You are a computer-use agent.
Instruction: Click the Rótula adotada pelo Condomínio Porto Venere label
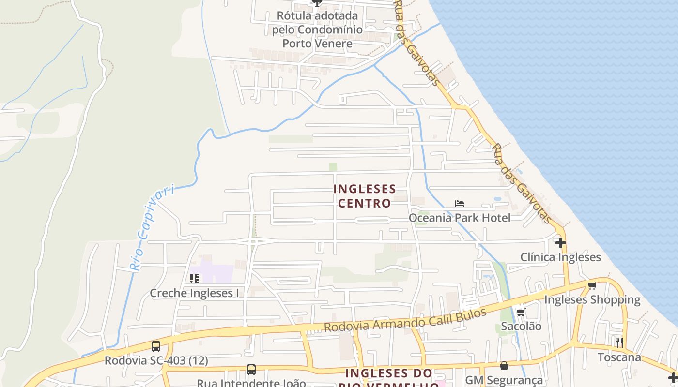click(x=317, y=30)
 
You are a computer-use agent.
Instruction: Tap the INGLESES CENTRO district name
click(x=365, y=196)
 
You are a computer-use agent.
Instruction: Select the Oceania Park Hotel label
click(x=460, y=218)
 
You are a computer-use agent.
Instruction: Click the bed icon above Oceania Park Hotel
click(x=460, y=204)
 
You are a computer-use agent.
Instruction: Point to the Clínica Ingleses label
click(x=560, y=257)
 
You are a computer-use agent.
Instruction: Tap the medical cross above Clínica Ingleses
click(x=561, y=242)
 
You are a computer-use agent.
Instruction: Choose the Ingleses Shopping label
click(x=592, y=300)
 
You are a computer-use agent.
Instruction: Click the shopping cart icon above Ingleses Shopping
click(x=592, y=285)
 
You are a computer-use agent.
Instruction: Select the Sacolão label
click(x=521, y=326)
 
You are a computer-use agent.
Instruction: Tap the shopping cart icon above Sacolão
click(x=521, y=312)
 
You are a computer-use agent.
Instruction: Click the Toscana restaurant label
click(x=619, y=357)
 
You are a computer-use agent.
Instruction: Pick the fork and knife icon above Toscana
click(x=619, y=343)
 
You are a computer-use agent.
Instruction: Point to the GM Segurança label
click(x=504, y=380)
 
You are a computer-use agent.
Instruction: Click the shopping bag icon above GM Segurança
click(x=504, y=366)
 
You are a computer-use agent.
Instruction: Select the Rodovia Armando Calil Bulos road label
click(x=405, y=320)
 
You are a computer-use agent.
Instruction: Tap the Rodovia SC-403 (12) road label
click(x=156, y=360)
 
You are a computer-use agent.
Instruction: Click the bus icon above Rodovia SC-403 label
click(x=156, y=346)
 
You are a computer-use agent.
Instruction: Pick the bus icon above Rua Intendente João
click(x=251, y=370)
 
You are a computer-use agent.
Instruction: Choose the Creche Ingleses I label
click(x=194, y=293)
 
